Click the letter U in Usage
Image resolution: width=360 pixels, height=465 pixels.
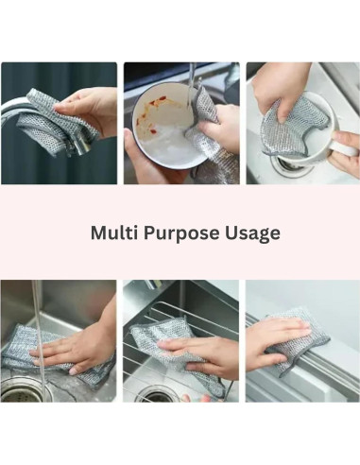[231, 232]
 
